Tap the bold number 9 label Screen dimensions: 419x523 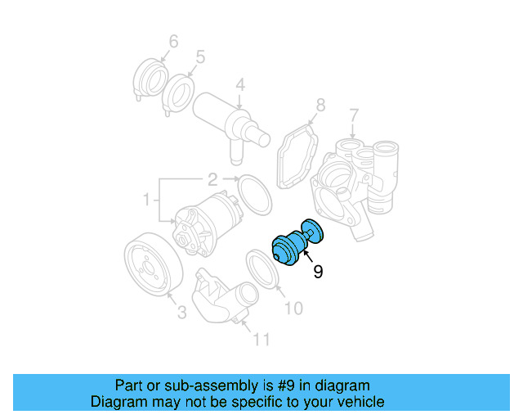click(318, 272)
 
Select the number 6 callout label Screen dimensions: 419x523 click(172, 41)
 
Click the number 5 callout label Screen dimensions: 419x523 click(200, 58)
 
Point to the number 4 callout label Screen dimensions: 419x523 click(240, 85)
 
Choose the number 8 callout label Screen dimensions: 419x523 click(320, 105)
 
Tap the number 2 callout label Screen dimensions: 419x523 click(211, 179)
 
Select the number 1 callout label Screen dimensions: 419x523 click(147, 199)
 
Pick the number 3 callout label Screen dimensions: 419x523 click(181, 312)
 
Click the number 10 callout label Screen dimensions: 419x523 click(293, 308)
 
